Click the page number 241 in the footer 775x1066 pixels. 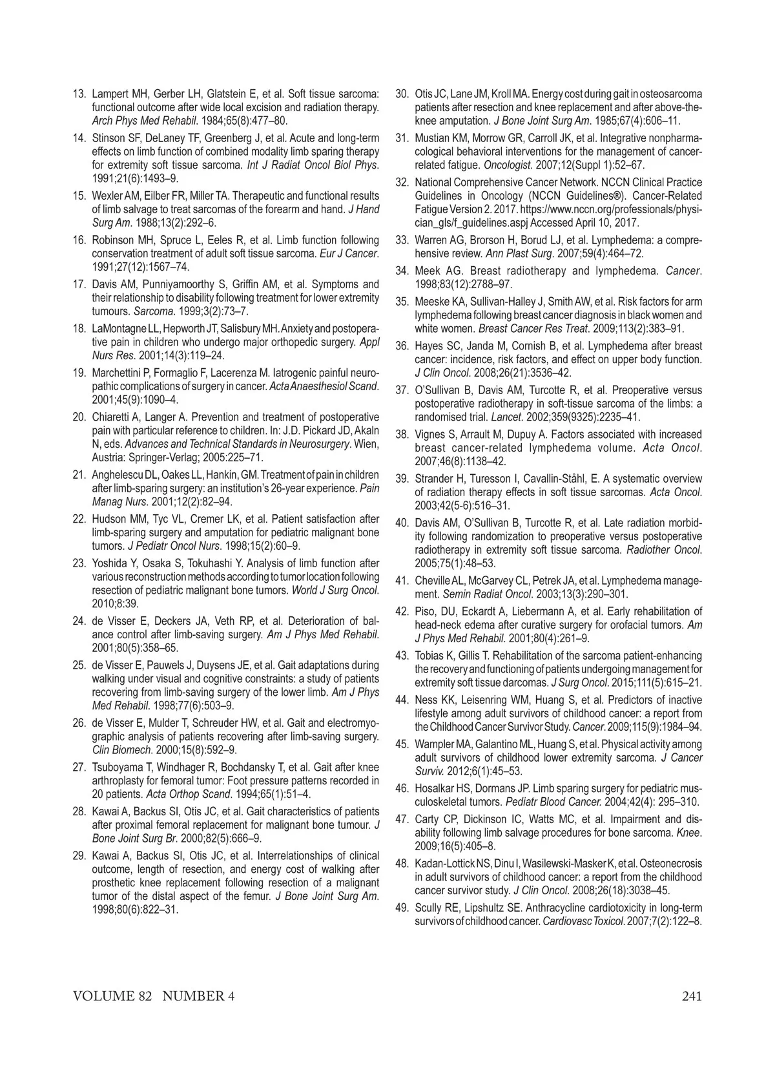(x=691, y=996)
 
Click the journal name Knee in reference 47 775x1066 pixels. (x=690, y=832)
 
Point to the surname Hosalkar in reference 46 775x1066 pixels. (x=437, y=788)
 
